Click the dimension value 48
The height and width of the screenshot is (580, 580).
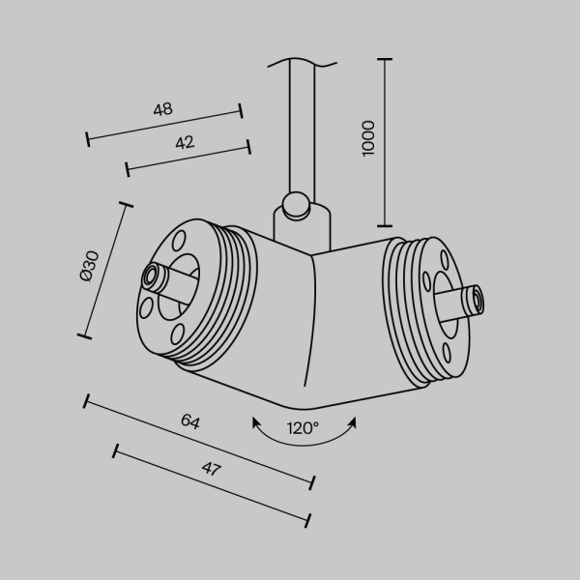(x=162, y=109)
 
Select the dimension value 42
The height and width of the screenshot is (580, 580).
(x=185, y=142)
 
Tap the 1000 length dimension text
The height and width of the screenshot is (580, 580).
(x=367, y=139)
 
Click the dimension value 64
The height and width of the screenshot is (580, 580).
(x=190, y=421)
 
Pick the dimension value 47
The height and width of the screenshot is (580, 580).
(x=212, y=470)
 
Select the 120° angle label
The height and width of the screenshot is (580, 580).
(x=303, y=427)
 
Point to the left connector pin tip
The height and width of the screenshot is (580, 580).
(x=152, y=277)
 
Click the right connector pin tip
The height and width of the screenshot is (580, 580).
(x=475, y=301)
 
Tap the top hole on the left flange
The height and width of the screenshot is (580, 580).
(x=180, y=240)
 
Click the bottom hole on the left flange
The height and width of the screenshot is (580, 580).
(x=176, y=333)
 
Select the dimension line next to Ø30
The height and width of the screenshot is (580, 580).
(x=104, y=270)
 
